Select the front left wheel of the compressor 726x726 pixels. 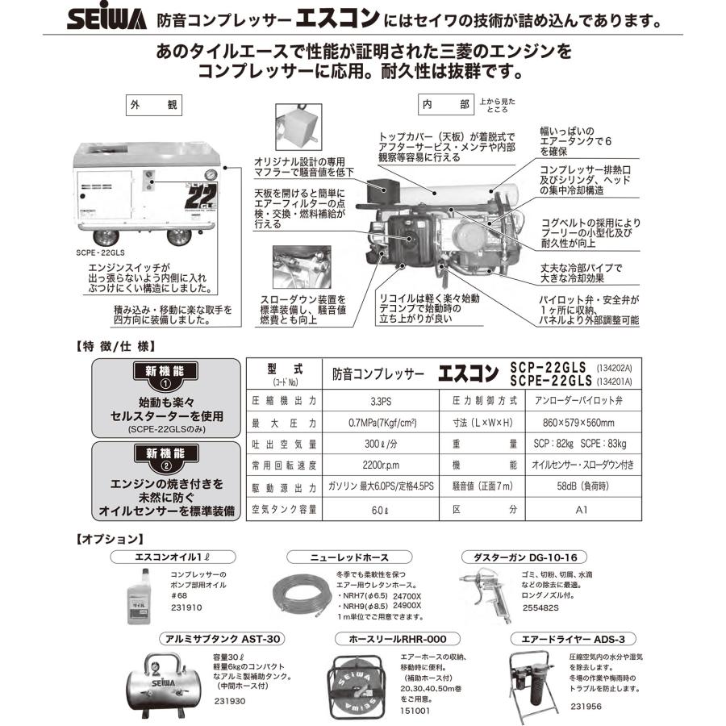(x=104, y=238)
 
